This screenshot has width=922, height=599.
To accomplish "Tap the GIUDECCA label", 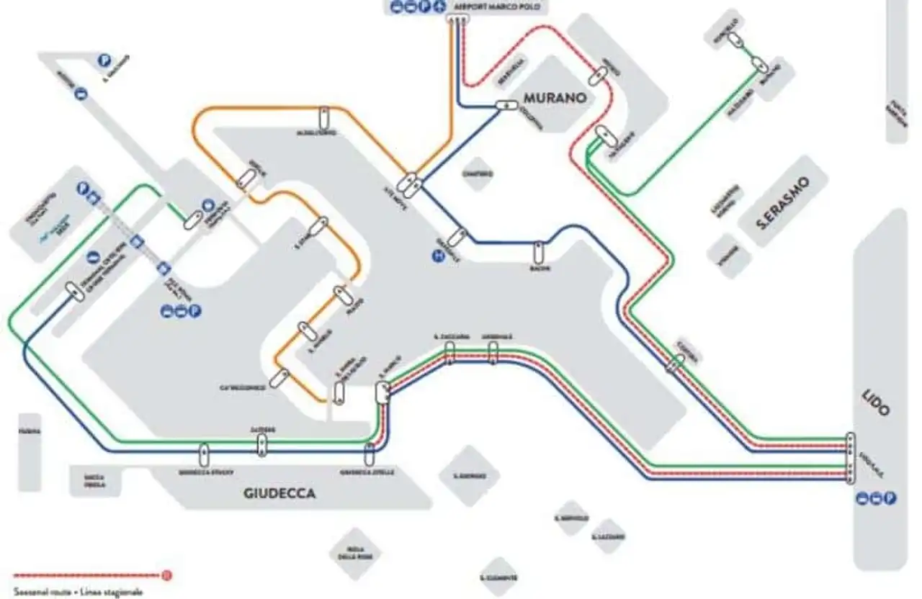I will click(280, 494).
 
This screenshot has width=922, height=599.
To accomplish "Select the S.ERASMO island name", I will click(784, 204).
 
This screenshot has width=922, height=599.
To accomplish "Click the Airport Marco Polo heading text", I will click(497, 7).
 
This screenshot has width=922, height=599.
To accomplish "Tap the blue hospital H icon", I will click(437, 254).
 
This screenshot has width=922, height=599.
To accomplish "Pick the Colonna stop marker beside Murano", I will click(507, 106).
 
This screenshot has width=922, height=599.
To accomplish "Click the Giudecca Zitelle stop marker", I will click(370, 454).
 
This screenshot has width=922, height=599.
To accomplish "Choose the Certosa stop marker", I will click(674, 364).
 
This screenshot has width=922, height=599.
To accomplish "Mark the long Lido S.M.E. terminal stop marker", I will click(851, 456).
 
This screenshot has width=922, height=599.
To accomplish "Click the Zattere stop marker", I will click(261, 444).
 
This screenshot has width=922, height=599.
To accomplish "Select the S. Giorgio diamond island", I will click(466, 476).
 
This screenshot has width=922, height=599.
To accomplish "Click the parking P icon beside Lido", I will click(890, 497).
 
